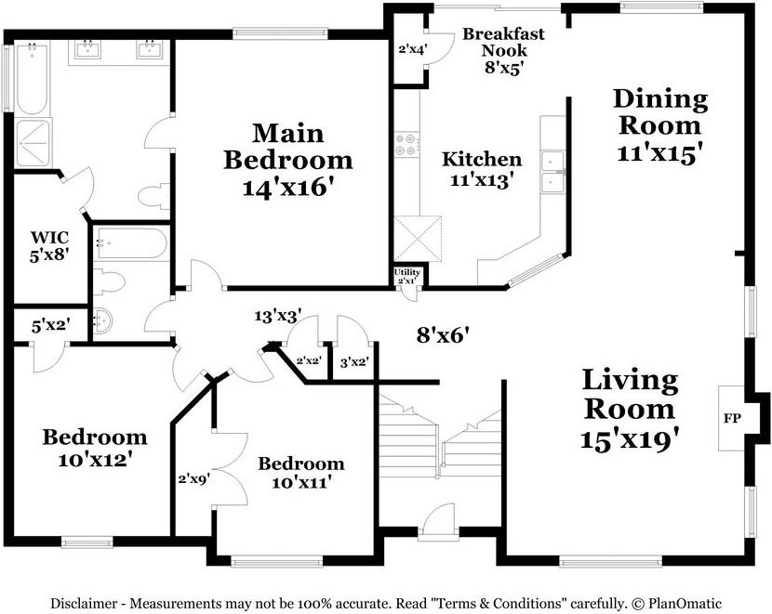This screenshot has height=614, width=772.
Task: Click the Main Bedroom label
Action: (x=288, y=161)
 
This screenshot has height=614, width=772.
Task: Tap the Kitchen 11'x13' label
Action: (x=482, y=170)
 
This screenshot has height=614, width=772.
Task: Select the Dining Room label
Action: (x=659, y=125)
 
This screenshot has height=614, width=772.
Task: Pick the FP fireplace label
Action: (x=732, y=419)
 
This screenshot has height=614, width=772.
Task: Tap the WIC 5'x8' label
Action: (x=49, y=246)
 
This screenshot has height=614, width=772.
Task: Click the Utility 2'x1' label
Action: (x=407, y=276)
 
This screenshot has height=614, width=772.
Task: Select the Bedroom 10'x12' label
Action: (x=95, y=448)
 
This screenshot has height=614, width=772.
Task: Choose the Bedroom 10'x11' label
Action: (x=300, y=473)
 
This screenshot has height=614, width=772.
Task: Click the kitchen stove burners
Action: (x=407, y=145)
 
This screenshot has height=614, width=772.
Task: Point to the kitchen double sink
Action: (x=552, y=172)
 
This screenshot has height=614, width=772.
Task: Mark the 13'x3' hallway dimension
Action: (x=278, y=316)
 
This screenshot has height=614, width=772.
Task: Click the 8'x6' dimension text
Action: (x=442, y=335)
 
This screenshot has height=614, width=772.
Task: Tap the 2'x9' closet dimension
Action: (x=194, y=478)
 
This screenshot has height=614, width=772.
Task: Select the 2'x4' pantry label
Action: (x=412, y=48)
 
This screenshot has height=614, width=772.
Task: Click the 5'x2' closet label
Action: (x=50, y=325)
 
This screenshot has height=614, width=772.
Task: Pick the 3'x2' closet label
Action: (x=354, y=363)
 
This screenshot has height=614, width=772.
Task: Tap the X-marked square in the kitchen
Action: (x=418, y=239)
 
